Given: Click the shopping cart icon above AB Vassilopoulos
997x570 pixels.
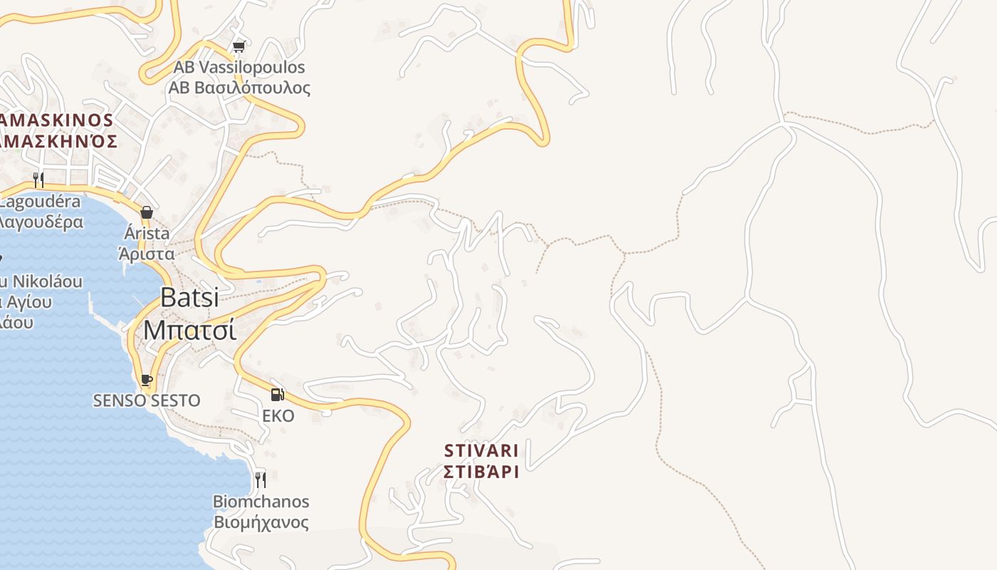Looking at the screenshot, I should tap(239, 47).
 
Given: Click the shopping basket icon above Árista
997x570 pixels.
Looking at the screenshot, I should tap(147, 212).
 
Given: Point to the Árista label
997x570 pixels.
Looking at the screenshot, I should tap(147, 233).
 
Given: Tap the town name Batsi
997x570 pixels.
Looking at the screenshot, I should tap(189, 297).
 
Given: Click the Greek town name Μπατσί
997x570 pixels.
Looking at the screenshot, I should tap(189, 329).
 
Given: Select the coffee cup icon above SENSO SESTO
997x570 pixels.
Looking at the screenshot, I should tap(147, 380).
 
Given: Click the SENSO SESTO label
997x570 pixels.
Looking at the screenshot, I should tap(147, 400).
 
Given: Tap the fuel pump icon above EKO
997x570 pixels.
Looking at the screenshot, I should tap(277, 394).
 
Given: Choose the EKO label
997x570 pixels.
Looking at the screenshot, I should tap(278, 415).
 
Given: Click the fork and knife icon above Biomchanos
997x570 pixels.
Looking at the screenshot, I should tap(261, 480).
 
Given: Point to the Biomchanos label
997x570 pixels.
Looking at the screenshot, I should tap(261, 502).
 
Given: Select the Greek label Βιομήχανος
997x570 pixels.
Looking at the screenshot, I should tap(261, 522).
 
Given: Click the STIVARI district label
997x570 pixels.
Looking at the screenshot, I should tap(481, 451).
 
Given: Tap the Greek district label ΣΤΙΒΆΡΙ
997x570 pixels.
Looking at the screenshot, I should tap(481, 472).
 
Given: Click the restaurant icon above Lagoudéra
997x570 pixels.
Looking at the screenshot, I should tap(38, 180).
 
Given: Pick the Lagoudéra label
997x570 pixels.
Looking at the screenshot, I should tap(40, 202).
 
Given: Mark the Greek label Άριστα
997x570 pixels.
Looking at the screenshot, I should tap(147, 254).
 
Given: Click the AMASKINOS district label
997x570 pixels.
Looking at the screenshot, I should tap(57, 120).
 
